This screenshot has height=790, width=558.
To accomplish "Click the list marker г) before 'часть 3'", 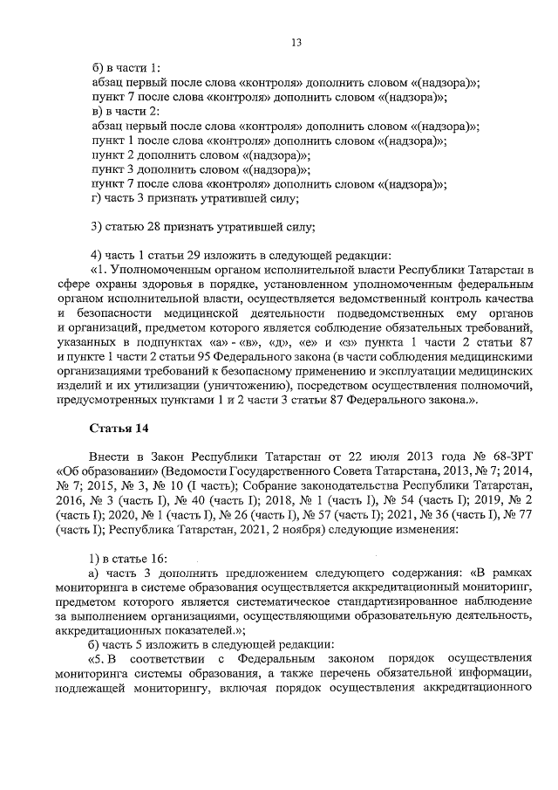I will click(x=97, y=198).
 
